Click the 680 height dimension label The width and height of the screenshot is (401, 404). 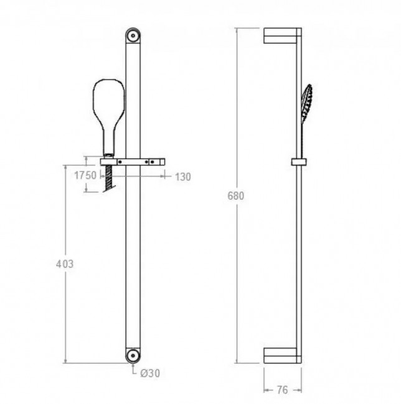click(x=235, y=196)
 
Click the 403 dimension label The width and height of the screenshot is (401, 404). click(x=65, y=264)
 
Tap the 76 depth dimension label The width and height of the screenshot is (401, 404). click(x=282, y=390)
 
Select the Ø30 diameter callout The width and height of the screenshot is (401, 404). click(x=150, y=373)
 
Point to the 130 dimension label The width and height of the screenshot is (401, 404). click(x=183, y=177)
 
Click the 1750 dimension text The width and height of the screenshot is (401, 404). click(x=85, y=175)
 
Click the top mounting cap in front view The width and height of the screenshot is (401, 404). click(x=133, y=35)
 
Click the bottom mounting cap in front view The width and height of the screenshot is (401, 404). click(x=133, y=356)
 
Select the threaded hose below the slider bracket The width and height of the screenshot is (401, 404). click(x=110, y=178)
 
